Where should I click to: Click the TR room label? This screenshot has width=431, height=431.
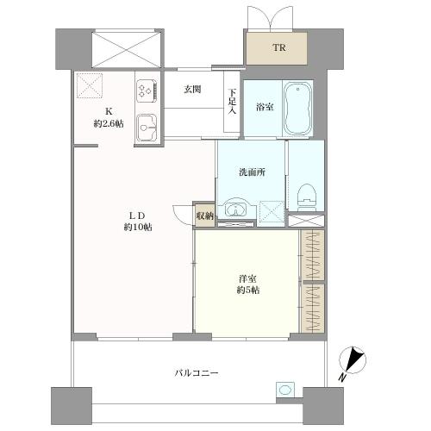[279, 47]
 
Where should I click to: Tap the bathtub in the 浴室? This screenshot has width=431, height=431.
[298, 109]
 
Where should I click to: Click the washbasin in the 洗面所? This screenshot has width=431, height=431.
[236, 209]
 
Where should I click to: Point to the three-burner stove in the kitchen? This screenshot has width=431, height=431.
[147, 91]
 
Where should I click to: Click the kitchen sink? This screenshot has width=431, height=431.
[147, 128]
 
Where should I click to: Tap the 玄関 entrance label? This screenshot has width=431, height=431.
[192, 90]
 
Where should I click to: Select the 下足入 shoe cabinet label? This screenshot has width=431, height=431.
[232, 102]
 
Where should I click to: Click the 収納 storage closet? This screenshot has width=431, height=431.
[205, 215]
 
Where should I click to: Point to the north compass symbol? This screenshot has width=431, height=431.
[353, 360]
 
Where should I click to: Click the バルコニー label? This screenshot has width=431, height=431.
[197, 373]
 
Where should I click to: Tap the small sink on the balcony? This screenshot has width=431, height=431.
[284, 390]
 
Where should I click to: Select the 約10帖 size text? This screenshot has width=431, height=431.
[138, 228]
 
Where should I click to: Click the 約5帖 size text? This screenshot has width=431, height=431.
[247, 290]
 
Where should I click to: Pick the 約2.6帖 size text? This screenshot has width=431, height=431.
[109, 124]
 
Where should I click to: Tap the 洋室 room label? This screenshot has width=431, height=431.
[247, 278]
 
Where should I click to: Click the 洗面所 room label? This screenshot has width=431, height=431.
[252, 172]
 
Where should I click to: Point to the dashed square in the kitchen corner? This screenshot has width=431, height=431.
[90, 85]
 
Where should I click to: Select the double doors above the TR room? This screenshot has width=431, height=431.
[271, 18]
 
